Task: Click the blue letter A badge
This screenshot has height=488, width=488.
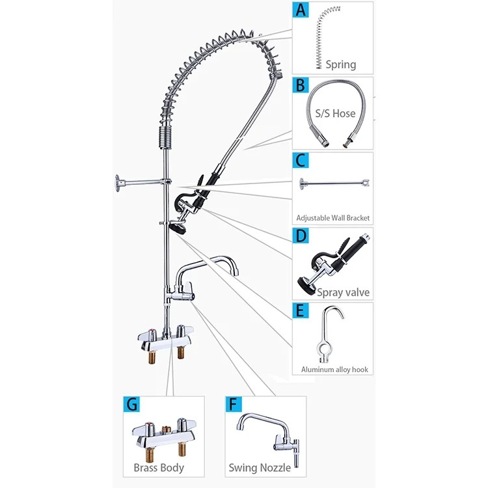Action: [x=301, y=10]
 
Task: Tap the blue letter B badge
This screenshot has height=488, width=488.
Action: [x=301, y=85]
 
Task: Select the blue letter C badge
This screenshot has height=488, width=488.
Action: [x=301, y=160]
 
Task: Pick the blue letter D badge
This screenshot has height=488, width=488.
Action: [x=301, y=236]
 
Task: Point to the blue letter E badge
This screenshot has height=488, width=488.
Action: [x=301, y=310]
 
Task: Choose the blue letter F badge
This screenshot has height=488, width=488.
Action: [x=233, y=404]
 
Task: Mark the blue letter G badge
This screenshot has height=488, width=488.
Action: [x=131, y=404]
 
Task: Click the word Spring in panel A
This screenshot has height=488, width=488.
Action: [x=341, y=64]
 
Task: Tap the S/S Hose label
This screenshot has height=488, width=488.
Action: [x=335, y=113]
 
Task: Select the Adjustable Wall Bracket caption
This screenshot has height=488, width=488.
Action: [x=333, y=218]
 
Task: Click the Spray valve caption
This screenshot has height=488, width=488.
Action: [x=344, y=293]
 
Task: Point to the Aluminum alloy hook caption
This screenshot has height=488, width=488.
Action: [x=334, y=370]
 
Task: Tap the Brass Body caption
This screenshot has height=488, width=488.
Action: [x=159, y=468]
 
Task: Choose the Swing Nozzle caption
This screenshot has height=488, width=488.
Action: [x=260, y=468]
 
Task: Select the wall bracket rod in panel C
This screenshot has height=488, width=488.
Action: [x=334, y=183]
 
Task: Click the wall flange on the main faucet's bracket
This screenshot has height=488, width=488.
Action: [x=118, y=183]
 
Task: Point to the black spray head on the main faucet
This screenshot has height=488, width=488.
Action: [x=178, y=227]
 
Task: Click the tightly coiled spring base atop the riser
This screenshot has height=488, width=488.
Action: [x=165, y=137]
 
